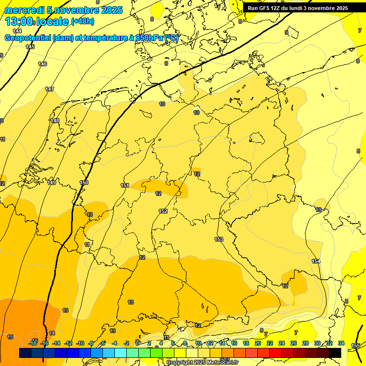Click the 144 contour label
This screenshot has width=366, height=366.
[x=17, y=31]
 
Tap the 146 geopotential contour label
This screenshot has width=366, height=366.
[x=42, y=64]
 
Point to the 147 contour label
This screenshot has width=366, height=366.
[x=50, y=89]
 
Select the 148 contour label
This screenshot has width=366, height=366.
[x=55, y=121]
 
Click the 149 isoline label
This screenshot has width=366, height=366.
[x=52, y=183]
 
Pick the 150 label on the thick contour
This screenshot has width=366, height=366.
[x=84, y=183]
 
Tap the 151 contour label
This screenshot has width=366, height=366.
[x=125, y=185]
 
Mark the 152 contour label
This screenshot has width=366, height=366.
[x=163, y=211]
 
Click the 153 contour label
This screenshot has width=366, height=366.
[x=219, y=239]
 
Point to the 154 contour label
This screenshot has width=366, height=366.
[x=316, y=261]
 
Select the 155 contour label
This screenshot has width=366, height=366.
[x=356, y=346]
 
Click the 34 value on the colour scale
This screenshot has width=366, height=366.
[x=341, y=343]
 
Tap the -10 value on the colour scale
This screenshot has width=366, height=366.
[x=80, y=343]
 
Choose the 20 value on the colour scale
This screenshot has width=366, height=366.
[x=258, y=343]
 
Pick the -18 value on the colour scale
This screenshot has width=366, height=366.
[x=33, y=343]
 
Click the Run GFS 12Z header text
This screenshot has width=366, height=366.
[x=297, y=8]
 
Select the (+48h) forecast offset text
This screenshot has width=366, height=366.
[x=82, y=21]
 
